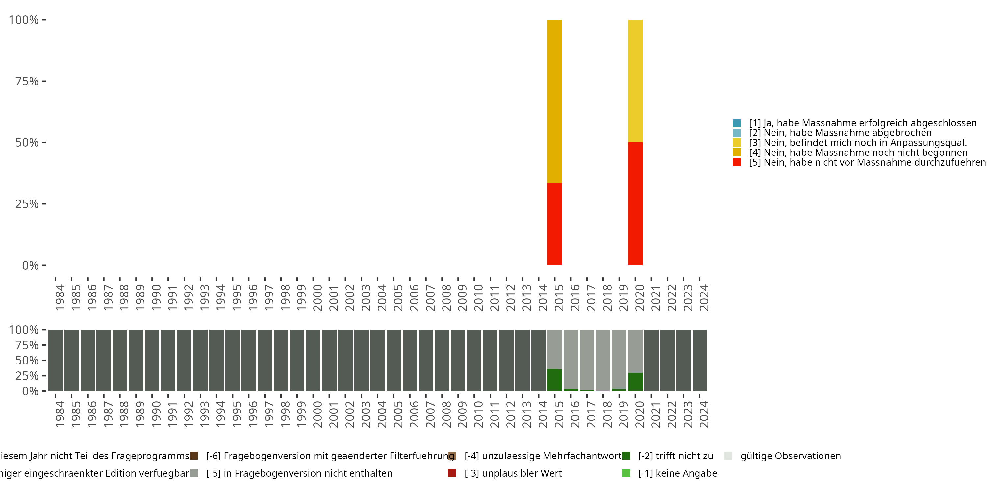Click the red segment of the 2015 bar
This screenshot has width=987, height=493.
pos(554,224)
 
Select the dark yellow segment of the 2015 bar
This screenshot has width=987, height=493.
pos(554,102)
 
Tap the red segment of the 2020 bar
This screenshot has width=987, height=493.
pos(635,204)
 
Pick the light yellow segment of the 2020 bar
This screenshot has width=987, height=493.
pos(635,81)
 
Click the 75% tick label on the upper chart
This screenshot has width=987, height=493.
pos(27,81)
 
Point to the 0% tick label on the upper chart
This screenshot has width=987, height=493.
pos(30,265)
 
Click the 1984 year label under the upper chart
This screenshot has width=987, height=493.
pos(60,297)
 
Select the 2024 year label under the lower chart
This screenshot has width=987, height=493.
pos(704,414)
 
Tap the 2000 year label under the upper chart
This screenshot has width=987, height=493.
pos(317,297)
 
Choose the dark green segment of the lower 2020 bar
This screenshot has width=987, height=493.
pos(635,382)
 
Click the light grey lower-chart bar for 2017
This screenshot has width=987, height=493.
pos(587,360)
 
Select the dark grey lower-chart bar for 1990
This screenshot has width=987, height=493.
pos(152,360)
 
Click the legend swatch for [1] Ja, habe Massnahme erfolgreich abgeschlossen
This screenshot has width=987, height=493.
pos(737,123)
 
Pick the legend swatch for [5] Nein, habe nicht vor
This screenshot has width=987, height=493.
pos(737,162)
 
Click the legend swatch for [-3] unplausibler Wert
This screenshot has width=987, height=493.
pos(452,473)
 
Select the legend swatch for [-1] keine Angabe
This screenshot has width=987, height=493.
pos(626,473)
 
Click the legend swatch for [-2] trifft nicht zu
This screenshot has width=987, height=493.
pos(626,456)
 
